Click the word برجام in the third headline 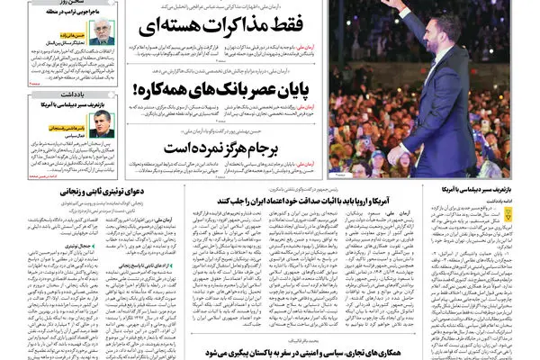(281, 147)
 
